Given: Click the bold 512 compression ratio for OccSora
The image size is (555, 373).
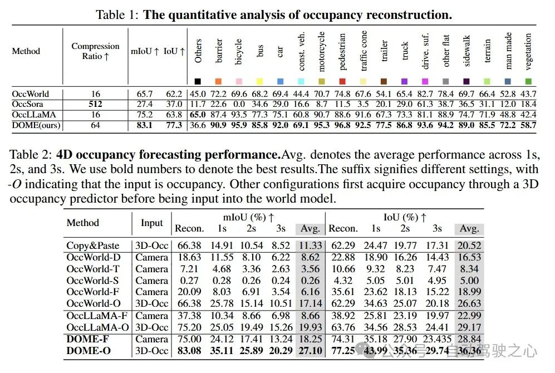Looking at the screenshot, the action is click(x=95, y=104).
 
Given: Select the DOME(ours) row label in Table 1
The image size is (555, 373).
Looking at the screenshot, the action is click(x=36, y=125).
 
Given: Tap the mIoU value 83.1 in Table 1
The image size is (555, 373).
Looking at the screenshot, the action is click(x=144, y=125).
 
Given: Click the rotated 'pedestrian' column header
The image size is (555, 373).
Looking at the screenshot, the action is click(x=342, y=52).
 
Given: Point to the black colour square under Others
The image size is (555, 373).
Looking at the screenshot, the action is click(x=198, y=81).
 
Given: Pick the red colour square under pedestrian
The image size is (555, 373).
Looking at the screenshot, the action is click(x=342, y=81).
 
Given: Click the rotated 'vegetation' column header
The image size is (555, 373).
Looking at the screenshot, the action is click(x=528, y=52).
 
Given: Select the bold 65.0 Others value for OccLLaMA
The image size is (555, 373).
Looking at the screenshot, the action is click(x=198, y=115).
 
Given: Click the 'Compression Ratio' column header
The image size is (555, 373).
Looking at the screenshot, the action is click(x=95, y=51).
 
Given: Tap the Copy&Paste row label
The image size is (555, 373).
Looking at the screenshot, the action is click(x=93, y=246).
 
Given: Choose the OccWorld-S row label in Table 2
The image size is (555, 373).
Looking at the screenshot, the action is click(x=92, y=281).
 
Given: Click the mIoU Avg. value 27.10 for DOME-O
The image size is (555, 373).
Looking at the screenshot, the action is click(x=311, y=351).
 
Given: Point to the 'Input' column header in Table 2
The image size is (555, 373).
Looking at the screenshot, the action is click(x=152, y=223).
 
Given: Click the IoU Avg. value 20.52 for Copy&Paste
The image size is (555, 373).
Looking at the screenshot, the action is click(x=469, y=246).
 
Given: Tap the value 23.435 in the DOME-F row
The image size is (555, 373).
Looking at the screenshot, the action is click(x=437, y=339).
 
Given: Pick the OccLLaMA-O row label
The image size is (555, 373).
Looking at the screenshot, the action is click(x=97, y=327).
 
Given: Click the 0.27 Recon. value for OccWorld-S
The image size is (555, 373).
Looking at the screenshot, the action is click(x=189, y=281).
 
